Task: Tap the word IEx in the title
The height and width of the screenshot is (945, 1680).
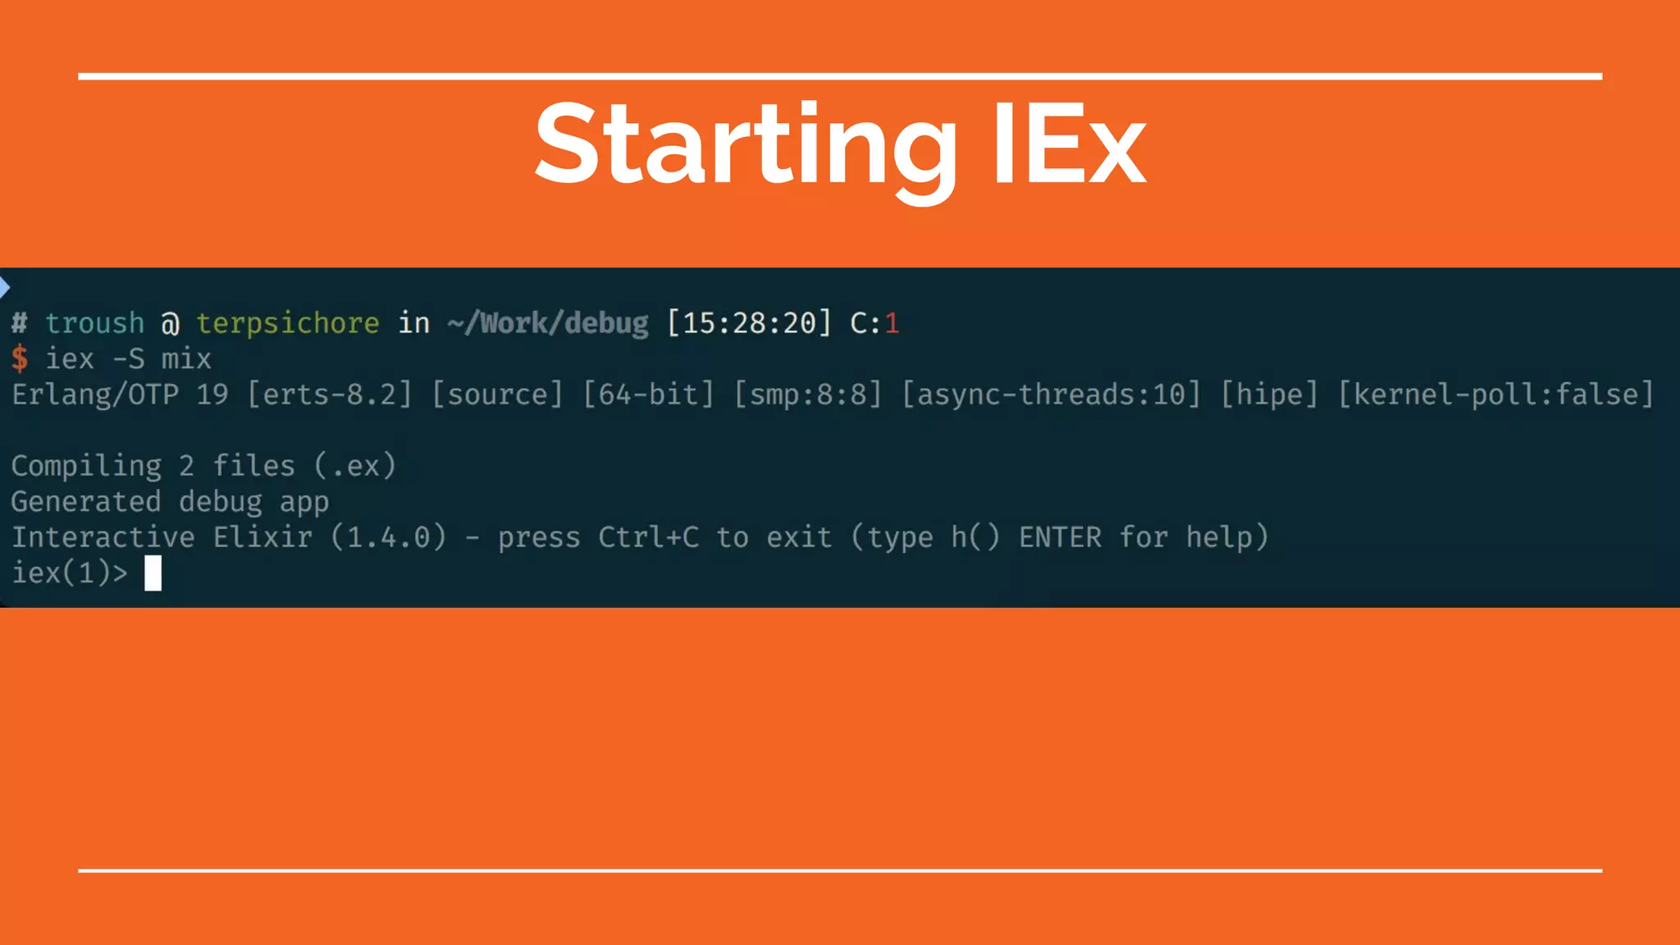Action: [1068, 146]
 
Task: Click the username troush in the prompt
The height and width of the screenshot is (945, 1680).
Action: [94, 323]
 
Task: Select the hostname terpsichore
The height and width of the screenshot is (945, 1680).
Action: [288, 323]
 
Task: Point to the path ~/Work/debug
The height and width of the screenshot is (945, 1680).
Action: [548, 323]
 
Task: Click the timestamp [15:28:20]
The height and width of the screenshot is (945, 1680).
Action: [749, 323]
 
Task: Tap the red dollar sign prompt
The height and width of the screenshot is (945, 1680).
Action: [20, 358]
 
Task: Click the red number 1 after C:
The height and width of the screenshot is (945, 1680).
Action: [892, 323]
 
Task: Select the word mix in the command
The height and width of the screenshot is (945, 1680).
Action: [186, 358]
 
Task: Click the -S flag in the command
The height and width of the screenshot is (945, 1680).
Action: [128, 358]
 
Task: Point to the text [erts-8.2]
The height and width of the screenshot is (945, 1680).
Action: [330, 395]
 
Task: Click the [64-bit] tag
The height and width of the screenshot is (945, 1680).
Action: [648, 395]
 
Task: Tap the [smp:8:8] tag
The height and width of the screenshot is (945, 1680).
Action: [808, 395]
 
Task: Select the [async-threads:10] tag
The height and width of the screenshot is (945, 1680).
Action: [1051, 395]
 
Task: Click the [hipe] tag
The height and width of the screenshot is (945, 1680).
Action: [1269, 395]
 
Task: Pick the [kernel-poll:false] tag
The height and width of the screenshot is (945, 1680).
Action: [1495, 395]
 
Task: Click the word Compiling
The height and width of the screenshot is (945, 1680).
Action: [86, 466]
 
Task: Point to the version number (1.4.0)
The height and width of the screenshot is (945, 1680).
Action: [389, 537]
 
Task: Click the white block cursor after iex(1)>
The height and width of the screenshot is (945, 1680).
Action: [153, 573]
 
